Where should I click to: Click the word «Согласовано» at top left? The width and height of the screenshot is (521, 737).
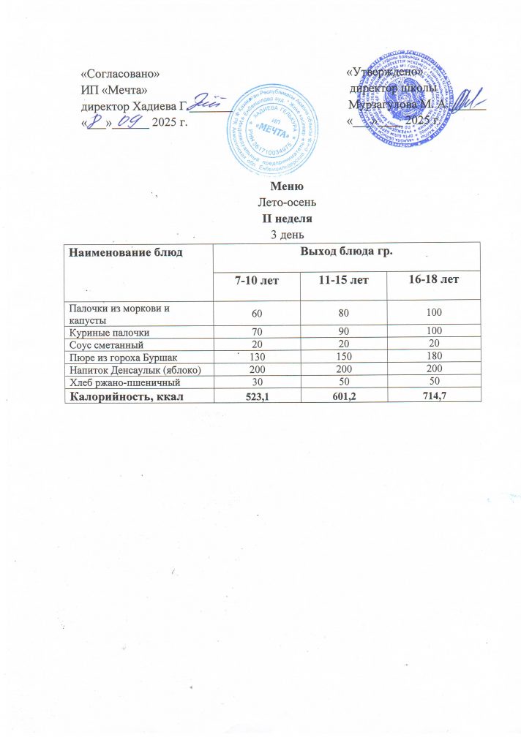tap(119, 74)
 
